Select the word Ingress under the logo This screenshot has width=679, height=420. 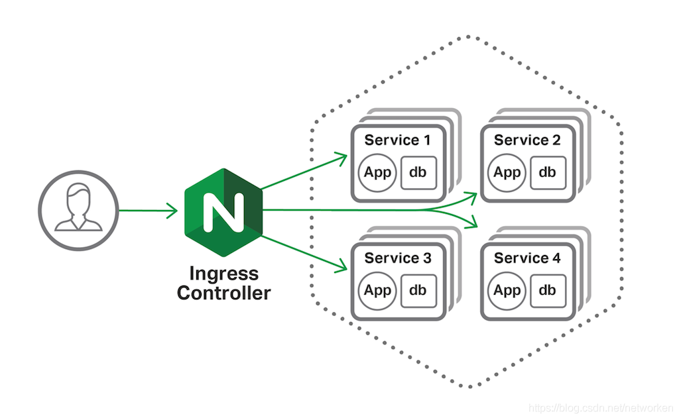223,274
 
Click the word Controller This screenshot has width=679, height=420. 223,293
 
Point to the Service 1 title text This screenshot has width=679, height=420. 397,140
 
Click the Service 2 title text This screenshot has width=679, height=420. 527,140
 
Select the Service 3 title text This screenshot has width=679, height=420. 397,258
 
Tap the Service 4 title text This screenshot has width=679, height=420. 527,258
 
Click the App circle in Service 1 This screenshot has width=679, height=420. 378,173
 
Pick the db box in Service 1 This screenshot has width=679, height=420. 418,173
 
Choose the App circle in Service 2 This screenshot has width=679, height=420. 507,173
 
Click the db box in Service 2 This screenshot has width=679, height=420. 548,173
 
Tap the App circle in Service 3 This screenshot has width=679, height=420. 378,290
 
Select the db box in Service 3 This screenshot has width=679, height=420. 418,290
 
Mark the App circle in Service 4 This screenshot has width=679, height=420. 507,290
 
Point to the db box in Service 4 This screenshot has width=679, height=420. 548,290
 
